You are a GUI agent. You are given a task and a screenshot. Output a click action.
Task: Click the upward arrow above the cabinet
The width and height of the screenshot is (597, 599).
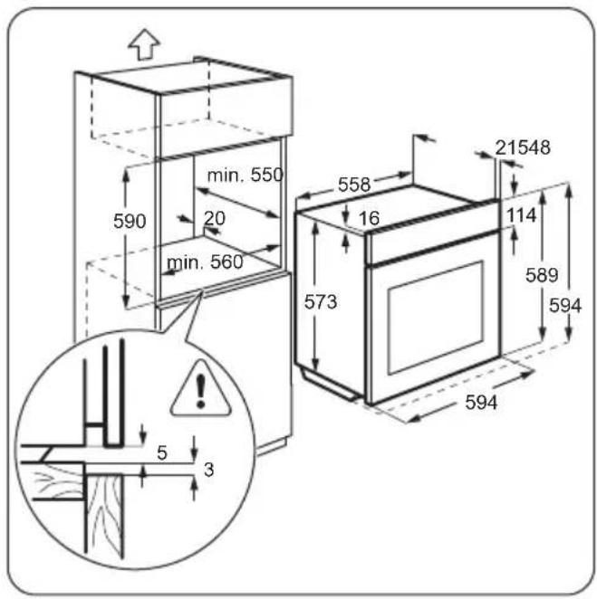pyautogui.click(x=144, y=44)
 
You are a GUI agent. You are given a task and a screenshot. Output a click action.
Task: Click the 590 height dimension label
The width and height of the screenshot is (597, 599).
pyautogui.click(x=130, y=221)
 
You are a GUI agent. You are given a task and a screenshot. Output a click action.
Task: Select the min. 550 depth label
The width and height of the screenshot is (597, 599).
pyautogui.click(x=246, y=176)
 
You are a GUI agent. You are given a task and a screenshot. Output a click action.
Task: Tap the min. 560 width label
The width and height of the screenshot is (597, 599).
pyautogui.click(x=205, y=262)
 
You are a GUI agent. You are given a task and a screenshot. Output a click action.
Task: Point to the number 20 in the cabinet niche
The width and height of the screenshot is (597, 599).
pyautogui.click(x=215, y=218)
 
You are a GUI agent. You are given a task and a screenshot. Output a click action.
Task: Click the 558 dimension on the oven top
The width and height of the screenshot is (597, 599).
pyautogui.click(x=354, y=185)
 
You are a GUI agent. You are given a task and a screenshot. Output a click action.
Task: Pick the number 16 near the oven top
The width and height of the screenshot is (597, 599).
pyautogui.click(x=369, y=218)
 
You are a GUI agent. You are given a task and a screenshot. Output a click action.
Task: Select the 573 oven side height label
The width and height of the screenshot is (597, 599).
pyautogui.click(x=321, y=302)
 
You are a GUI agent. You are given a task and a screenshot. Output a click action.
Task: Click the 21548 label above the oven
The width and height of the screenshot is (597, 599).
pyautogui.click(x=523, y=147)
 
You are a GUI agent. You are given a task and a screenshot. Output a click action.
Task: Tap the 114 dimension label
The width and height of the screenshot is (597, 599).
pyautogui.click(x=522, y=215)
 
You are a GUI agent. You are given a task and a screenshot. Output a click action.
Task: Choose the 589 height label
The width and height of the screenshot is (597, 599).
pyautogui.click(x=542, y=275)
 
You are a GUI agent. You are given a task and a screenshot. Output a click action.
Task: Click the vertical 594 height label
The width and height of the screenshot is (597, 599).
pyautogui.click(x=565, y=306)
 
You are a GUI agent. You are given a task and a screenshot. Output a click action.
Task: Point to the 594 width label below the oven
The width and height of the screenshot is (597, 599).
pyautogui.click(x=481, y=403)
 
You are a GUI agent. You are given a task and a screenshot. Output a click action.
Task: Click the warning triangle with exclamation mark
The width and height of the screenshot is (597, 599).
pyautogui.click(x=201, y=390)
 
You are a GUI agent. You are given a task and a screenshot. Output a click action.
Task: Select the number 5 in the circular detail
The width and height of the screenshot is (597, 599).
pyautogui.click(x=162, y=453)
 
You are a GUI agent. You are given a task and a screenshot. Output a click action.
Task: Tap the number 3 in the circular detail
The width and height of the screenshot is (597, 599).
pyautogui.click(x=209, y=470)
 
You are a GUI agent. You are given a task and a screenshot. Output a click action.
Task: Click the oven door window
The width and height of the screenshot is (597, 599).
pyautogui.click(x=435, y=318)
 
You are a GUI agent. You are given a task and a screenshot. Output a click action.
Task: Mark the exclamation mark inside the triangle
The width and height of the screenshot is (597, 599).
pyautogui.click(x=200, y=390)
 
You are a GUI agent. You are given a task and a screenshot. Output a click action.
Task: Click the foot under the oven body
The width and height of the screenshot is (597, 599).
pyautogui.click(x=328, y=385)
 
